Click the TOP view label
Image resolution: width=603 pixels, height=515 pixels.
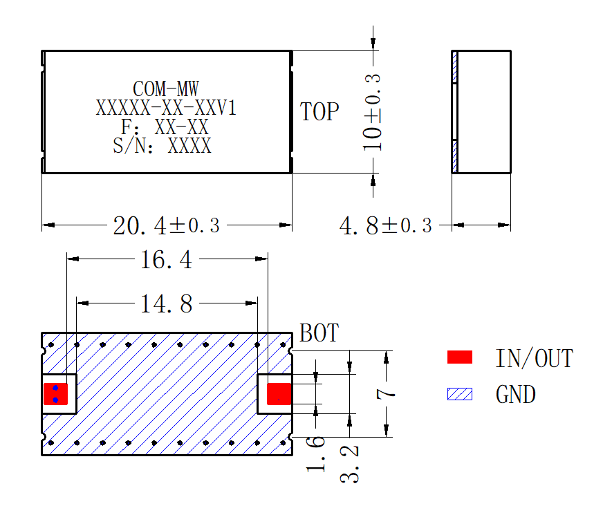point(319,111)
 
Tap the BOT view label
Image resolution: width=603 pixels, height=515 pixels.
point(319,333)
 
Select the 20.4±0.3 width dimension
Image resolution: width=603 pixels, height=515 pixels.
point(166,225)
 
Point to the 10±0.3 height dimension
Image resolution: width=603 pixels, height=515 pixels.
point(372,112)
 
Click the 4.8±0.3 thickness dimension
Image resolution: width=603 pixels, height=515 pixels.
point(386,225)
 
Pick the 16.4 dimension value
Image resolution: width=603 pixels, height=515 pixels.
point(166,259)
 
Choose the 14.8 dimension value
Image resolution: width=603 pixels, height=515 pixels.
point(166,304)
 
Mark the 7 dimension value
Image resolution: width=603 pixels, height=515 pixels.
point(386,394)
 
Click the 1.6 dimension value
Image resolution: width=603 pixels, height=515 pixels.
point(316,454)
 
